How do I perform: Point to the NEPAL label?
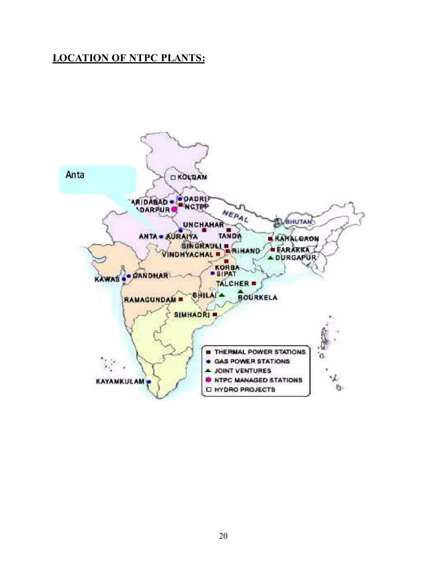point(235,216)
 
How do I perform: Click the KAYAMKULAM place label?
point(120,381)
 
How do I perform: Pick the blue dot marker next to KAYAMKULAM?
point(149,382)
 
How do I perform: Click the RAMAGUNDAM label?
point(150,300)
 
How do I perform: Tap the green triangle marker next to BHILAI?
point(222,295)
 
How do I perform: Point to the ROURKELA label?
point(258,298)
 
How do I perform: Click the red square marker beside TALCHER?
point(254,283)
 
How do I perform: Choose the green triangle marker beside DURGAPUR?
point(270,258)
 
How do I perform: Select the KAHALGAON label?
point(297,239)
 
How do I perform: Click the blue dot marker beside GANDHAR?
point(129,276)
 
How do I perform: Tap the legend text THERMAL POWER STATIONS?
point(260,352)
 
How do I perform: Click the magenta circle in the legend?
point(208,380)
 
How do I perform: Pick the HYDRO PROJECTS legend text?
point(245,390)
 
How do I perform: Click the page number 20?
point(223,536)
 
